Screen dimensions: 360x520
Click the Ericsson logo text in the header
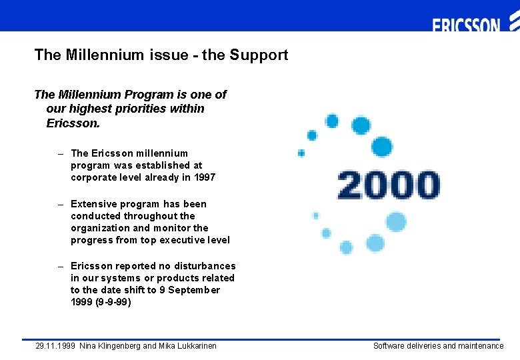coord(466,25)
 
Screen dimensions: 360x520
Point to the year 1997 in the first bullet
coord(203,177)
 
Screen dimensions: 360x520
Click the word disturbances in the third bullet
coord(203,266)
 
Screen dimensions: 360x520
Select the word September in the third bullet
coord(195,290)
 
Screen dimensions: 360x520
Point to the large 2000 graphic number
coord(388,185)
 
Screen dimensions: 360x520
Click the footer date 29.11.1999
coord(55,346)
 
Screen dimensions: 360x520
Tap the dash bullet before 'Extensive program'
coord(61,204)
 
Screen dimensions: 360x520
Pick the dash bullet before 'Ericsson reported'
coord(61,266)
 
